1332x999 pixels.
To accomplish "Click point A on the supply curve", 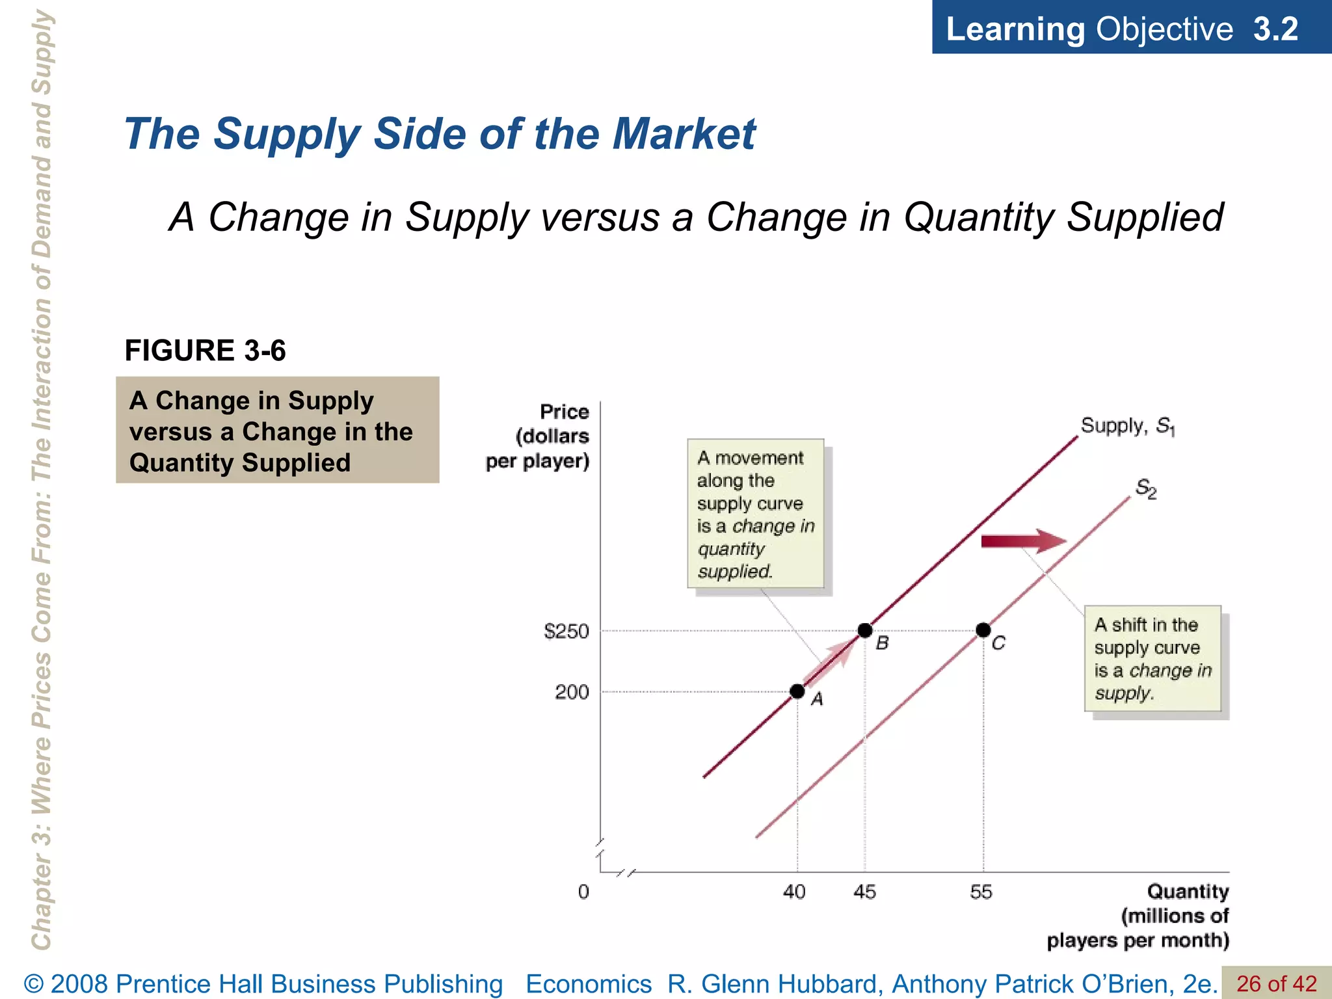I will coord(797,691).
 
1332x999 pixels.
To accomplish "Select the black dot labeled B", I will coord(865,630).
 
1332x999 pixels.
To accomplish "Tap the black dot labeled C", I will coord(983,630).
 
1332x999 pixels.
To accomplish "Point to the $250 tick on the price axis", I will coord(566,631).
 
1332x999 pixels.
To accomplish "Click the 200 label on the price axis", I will coord(572,692).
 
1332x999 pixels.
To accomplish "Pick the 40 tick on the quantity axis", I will coord(794,892).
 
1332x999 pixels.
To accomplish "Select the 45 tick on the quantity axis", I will coord(864,892).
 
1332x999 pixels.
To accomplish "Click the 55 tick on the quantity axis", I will coord(981,892).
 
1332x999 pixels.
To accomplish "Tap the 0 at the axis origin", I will coord(583,892).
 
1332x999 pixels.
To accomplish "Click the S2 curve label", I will coord(1146,488).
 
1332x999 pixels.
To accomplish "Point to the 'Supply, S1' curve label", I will coord(1127,426).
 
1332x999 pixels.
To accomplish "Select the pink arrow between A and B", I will coord(829,663).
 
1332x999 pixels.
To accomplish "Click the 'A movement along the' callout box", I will coord(756,514).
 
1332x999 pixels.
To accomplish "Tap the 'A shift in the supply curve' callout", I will coord(1152,658).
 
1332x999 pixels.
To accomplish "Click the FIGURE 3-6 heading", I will coord(205,351).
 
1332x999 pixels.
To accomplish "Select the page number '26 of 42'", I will coord(1276,983).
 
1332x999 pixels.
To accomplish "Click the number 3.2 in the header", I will coord(1275,29).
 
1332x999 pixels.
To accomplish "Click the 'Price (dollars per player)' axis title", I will coord(539,436).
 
